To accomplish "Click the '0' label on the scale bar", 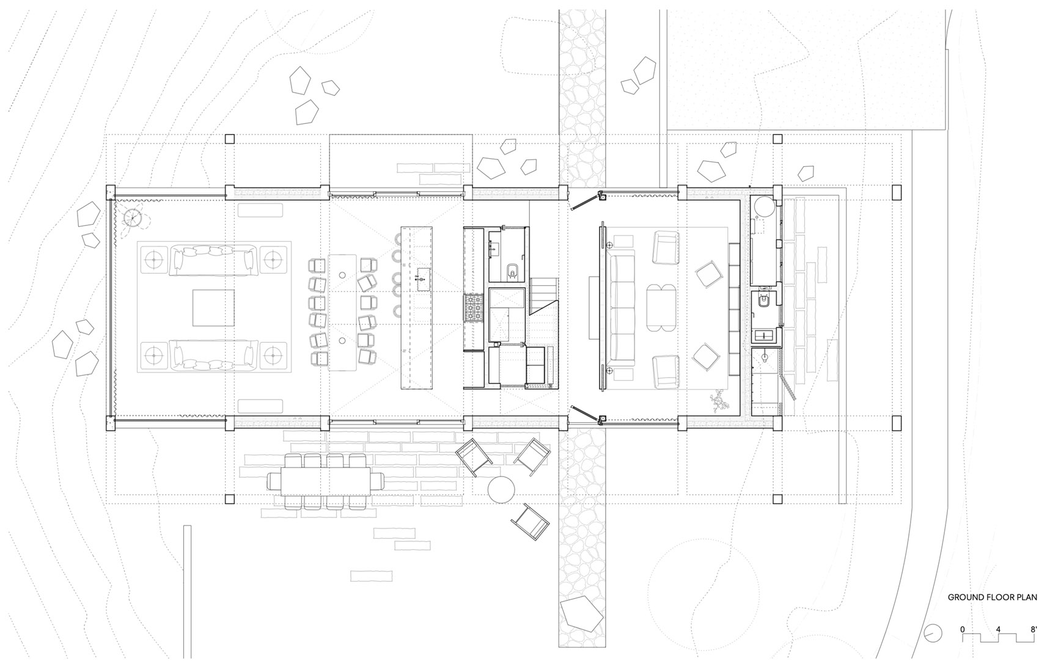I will (x=962, y=629).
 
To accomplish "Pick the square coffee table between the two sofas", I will (x=214, y=308).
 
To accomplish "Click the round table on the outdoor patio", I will (x=502, y=489).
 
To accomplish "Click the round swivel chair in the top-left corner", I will (x=133, y=217).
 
